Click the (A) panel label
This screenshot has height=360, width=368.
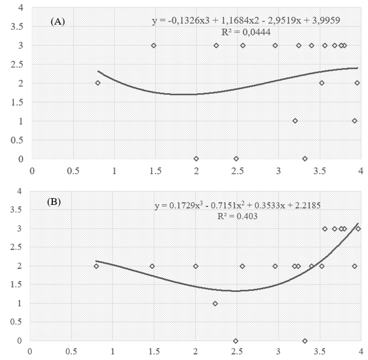tap(58, 22)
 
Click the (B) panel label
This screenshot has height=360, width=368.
tap(56, 204)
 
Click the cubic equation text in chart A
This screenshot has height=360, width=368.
tap(250, 22)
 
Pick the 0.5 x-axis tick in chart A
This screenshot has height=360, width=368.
tap(73, 171)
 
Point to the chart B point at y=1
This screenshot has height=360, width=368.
tap(215, 303)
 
